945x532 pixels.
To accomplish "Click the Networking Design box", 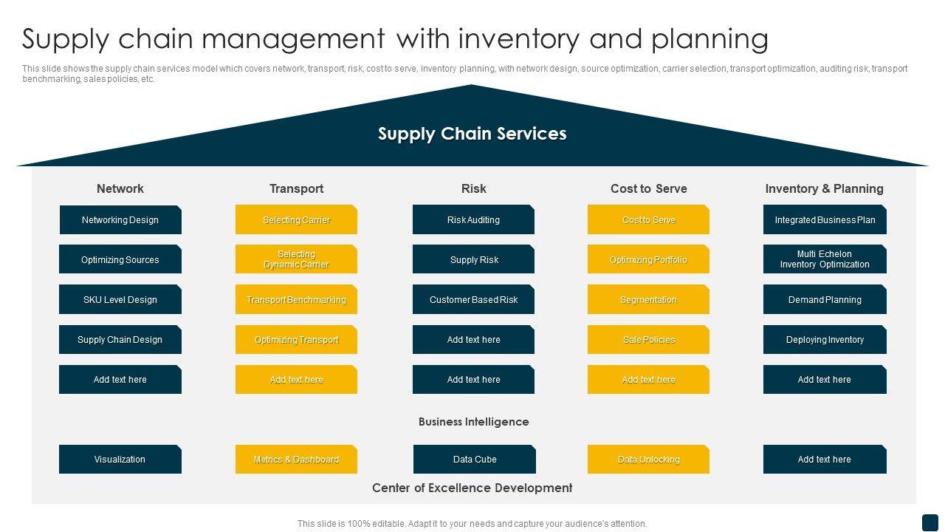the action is pyautogui.click(x=120, y=220).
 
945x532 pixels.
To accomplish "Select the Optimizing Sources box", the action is pyautogui.click(x=120, y=260).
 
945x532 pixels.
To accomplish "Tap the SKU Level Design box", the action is pyautogui.click(x=120, y=300).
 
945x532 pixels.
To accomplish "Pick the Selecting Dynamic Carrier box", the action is pyautogui.click(x=296, y=259).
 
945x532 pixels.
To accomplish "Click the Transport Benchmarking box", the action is pyautogui.click(x=296, y=300).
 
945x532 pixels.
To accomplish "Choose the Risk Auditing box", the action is pyautogui.click(x=473, y=220).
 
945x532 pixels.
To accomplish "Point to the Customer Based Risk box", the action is pyautogui.click(x=473, y=300).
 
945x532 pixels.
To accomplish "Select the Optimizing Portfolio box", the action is pyautogui.click(x=648, y=260).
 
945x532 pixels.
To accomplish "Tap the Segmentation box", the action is pyautogui.click(x=648, y=300).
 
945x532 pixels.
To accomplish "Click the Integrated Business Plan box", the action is pyautogui.click(x=825, y=220).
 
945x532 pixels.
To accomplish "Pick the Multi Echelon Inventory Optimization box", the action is pyautogui.click(x=825, y=259).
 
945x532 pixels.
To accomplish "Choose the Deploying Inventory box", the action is pyautogui.click(x=825, y=340).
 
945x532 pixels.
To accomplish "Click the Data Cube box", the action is pyautogui.click(x=475, y=460).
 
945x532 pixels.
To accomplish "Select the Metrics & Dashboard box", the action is pyautogui.click(x=296, y=460).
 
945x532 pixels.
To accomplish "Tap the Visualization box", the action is pyautogui.click(x=120, y=460).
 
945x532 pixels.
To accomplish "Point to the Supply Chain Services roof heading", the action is pyautogui.click(x=472, y=134).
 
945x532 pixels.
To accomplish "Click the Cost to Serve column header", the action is pyautogui.click(x=648, y=188).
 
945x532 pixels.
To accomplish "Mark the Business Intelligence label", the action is pyautogui.click(x=473, y=422).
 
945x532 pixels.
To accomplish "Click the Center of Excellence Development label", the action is pyautogui.click(x=472, y=488).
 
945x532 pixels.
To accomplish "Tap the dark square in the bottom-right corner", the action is pyautogui.click(x=929, y=522).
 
